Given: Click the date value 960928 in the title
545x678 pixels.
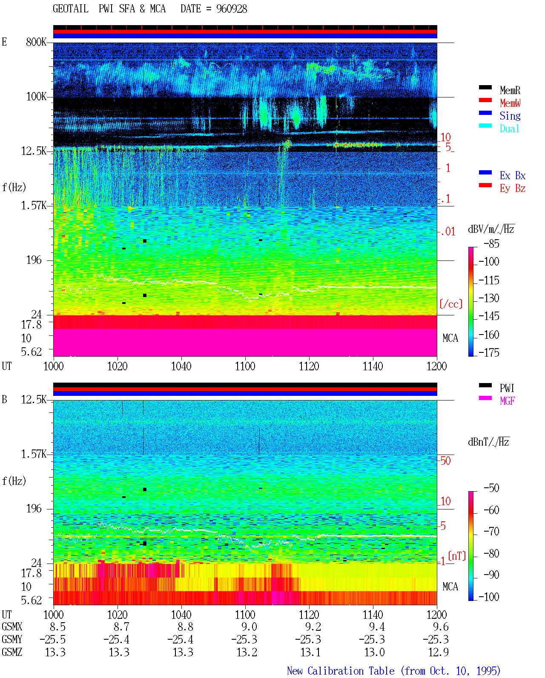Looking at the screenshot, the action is [231, 9].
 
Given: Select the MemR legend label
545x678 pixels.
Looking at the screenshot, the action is [510, 90].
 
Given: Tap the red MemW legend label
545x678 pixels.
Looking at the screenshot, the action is [510, 103].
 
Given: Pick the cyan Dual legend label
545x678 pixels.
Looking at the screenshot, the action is [509, 129].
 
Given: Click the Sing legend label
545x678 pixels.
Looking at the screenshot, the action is [510, 116].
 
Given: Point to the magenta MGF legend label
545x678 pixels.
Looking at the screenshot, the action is [507, 401].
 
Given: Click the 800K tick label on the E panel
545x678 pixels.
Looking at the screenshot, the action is [36, 42].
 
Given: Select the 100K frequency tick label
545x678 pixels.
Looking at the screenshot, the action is [36, 97].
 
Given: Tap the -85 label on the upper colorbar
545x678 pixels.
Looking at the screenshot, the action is [491, 243].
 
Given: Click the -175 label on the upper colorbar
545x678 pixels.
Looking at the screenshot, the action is [489, 352].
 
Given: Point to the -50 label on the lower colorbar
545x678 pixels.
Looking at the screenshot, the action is [491, 488].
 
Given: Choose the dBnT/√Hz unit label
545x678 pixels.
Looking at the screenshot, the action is [488, 442].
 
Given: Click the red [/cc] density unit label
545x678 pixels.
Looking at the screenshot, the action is [451, 304].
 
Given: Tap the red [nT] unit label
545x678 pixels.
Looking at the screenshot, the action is [457, 555].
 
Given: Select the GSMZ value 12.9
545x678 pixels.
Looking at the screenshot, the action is [438, 652].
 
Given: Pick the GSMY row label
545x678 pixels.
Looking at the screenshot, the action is [12, 639].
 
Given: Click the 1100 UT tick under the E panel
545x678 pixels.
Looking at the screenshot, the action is [245, 366].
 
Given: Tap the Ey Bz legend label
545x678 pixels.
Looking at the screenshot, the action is [513, 189].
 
